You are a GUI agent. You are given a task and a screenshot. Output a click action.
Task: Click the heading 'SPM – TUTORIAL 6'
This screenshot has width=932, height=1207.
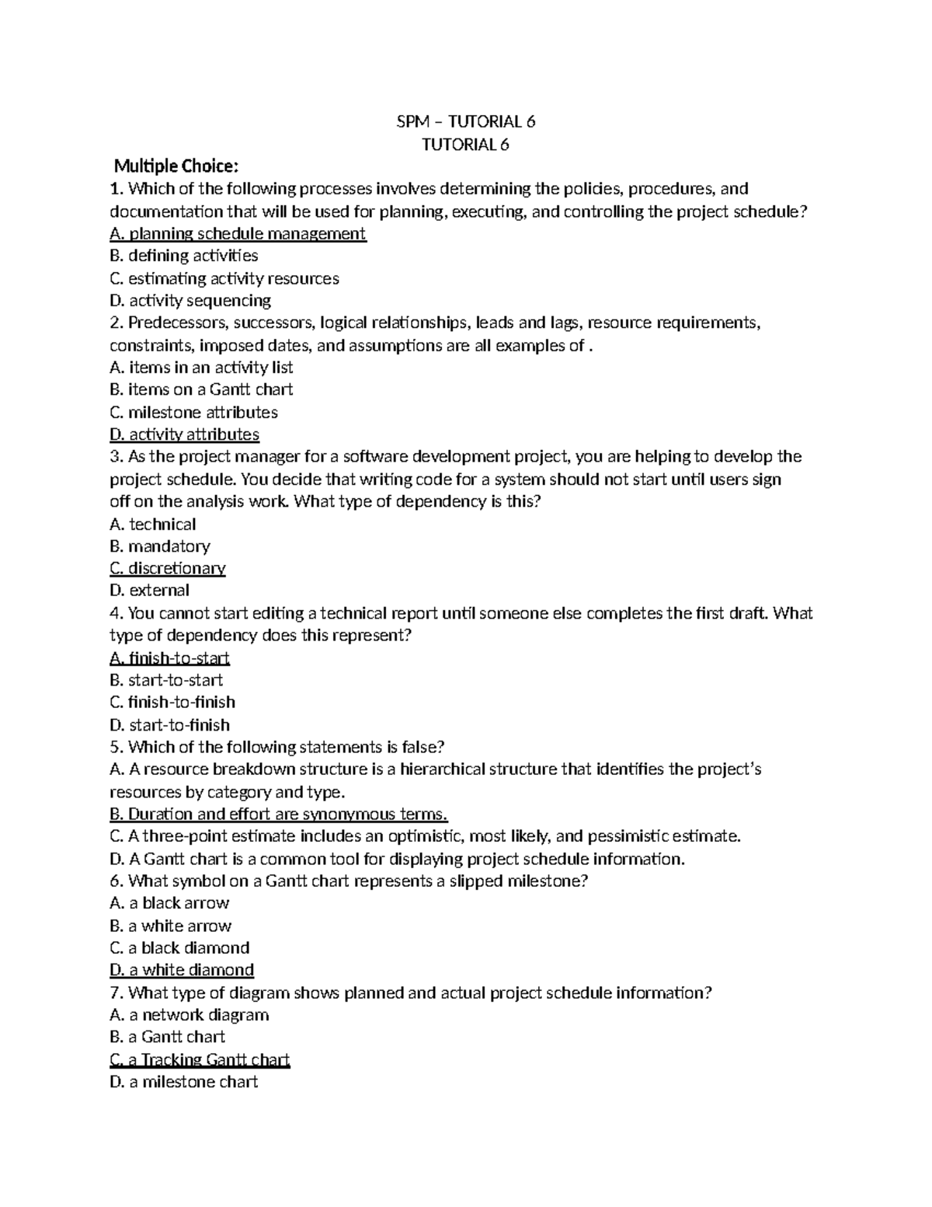click(464, 121)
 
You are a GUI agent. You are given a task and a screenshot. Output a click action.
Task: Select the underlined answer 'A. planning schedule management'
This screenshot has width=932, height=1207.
click(238, 234)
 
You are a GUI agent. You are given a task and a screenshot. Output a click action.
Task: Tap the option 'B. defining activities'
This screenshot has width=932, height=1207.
click(184, 256)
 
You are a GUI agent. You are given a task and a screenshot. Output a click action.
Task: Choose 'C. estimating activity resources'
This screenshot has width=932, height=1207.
click(224, 278)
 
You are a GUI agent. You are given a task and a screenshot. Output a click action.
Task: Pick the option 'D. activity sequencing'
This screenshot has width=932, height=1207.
click(190, 300)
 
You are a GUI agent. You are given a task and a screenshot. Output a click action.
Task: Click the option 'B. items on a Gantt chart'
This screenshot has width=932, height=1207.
click(201, 389)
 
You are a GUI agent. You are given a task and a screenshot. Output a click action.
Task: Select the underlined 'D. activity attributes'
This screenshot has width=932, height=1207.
click(185, 434)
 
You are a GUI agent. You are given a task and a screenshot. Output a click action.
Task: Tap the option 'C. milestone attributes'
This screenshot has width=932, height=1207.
click(193, 412)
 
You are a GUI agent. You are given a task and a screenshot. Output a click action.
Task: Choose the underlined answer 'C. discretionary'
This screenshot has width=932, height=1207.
click(168, 568)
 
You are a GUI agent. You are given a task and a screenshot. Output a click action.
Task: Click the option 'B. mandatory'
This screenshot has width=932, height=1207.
click(160, 546)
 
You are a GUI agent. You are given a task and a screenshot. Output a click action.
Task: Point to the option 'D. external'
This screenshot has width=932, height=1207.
click(150, 591)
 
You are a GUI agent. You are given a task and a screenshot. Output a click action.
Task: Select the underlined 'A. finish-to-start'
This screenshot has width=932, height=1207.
click(170, 659)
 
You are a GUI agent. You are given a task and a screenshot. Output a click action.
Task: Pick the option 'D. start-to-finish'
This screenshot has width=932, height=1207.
click(170, 725)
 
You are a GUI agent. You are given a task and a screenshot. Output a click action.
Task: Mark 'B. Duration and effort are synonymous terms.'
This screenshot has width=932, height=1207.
click(279, 815)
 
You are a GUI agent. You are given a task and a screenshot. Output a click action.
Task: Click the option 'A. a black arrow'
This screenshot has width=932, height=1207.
click(169, 903)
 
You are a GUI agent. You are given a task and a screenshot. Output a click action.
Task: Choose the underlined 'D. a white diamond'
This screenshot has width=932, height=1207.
click(183, 970)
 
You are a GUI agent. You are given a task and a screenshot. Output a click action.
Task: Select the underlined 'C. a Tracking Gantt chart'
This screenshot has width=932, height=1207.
click(200, 1059)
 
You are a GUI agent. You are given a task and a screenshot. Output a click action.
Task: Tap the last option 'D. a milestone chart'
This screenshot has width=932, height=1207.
click(184, 1082)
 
